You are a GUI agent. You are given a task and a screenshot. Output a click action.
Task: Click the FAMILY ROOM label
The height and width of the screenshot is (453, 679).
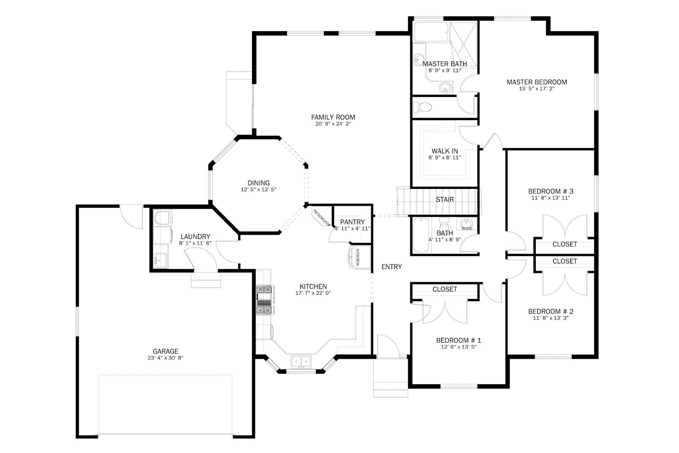pyautogui.click(x=333, y=117)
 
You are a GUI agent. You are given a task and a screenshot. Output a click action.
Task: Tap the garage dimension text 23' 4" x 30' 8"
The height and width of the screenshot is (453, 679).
pyautogui.click(x=165, y=358)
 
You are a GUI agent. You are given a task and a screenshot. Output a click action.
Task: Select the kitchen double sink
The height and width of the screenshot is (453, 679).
pyautogui.click(x=301, y=361)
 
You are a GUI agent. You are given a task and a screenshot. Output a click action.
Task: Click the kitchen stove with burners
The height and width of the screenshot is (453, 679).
pyautogui.click(x=264, y=300)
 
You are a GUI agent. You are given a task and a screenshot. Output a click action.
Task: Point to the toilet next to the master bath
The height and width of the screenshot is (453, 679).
pyautogui.click(x=423, y=107)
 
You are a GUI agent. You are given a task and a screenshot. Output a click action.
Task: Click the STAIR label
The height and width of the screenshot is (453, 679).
pyautogui.click(x=445, y=199)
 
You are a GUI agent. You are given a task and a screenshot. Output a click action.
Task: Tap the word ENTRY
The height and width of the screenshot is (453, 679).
pyautogui.click(x=392, y=267)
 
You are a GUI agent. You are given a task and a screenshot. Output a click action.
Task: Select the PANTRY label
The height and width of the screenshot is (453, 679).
pyautogui.click(x=352, y=222)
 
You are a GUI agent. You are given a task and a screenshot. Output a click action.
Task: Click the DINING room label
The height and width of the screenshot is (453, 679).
pyautogui.click(x=259, y=183)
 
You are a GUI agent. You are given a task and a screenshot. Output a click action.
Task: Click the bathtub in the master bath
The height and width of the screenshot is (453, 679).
pyautogui.click(x=431, y=32)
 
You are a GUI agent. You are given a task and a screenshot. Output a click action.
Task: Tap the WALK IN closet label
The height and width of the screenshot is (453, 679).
pyautogui.click(x=445, y=151)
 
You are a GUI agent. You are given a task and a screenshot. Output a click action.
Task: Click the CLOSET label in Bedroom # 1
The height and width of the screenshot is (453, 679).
pyautogui.click(x=445, y=289)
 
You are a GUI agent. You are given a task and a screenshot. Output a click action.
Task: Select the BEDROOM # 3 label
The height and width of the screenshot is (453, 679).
pyautogui.click(x=550, y=191)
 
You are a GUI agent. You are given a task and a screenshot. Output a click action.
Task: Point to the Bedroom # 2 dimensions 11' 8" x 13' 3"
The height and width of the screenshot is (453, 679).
pyautogui.click(x=550, y=318)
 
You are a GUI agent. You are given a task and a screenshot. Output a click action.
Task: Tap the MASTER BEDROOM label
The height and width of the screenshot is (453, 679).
pyautogui.click(x=536, y=82)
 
